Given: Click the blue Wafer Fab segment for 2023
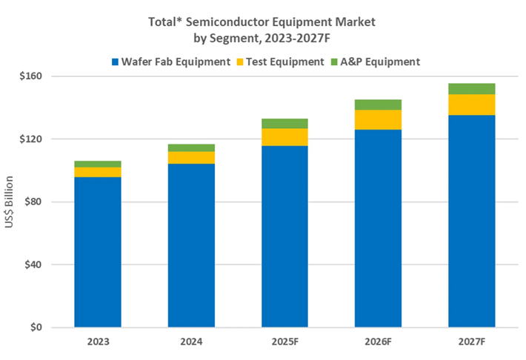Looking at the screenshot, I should click(98, 252).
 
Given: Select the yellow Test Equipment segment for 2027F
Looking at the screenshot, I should click(471, 104).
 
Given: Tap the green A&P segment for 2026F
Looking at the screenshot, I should click(378, 104).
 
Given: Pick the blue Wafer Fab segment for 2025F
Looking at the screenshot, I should click(284, 236).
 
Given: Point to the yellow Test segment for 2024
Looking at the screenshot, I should click(191, 157).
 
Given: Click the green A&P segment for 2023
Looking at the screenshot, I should click(98, 164).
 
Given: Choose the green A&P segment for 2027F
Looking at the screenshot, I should click(471, 89).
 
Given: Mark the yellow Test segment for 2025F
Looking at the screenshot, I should click(284, 137).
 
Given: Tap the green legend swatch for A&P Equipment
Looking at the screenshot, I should click(336, 62).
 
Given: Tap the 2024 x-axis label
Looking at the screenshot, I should click(191, 343).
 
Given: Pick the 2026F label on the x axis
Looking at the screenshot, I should click(378, 343).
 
